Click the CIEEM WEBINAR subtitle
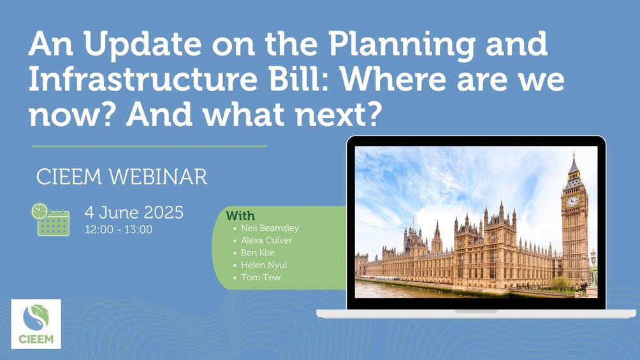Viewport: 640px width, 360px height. pyautogui.click(x=122, y=176)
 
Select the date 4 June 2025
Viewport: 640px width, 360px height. pyautogui.click(x=134, y=212)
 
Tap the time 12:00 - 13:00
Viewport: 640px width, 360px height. pyautogui.click(x=119, y=229)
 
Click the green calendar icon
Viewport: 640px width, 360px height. pyautogui.click(x=50, y=220)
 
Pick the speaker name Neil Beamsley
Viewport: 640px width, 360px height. pyautogui.click(x=270, y=227)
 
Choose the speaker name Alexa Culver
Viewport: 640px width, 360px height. pyautogui.click(x=266, y=240)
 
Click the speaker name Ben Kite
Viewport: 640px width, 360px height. pyautogui.click(x=258, y=252)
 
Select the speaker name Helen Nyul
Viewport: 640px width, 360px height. pyautogui.click(x=264, y=265)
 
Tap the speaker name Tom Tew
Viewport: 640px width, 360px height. pyautogui.click(x=261, y=277)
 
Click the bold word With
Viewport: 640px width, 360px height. pyautogui.click(x=240, y=215)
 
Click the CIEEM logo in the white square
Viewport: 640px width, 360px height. pyautogui.click(x=36, y=324)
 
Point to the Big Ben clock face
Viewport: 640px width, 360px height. pyautogui.click(x=572, y=201)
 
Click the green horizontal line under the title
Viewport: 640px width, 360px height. pyautogui.click(x=149, y=146)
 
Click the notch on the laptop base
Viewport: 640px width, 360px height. pyautogui.click(x=476, y=311)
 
